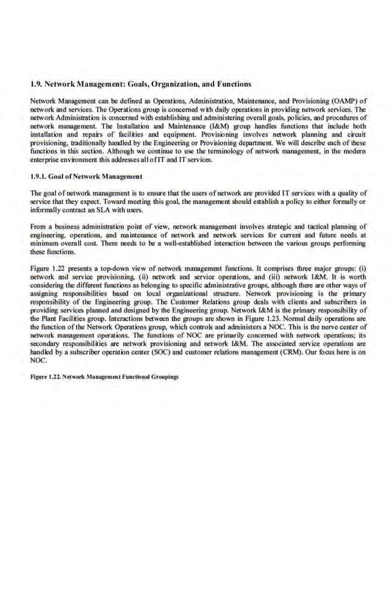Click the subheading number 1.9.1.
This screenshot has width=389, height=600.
[40, 176]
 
